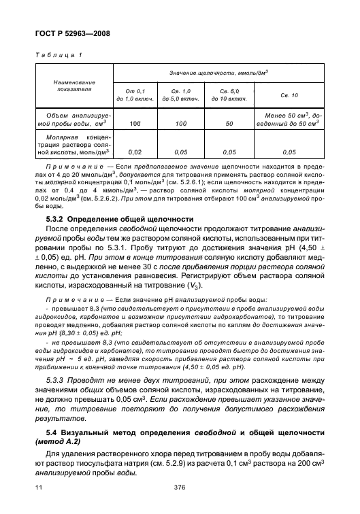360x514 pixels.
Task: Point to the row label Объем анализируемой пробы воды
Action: [x=74, y=120]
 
